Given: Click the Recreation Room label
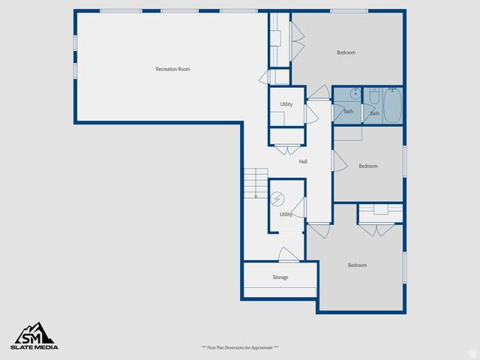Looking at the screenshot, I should tap(172, 69).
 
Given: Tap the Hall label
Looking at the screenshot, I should tap(303, 161).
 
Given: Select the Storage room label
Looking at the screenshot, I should tap(280, 277).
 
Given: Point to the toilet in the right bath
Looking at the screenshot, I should tap(374, 96).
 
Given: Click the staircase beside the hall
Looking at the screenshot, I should tap(255, 181).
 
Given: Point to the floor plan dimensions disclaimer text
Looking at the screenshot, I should tap(239, 347).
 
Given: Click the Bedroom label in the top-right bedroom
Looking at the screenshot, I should tap(346, 52).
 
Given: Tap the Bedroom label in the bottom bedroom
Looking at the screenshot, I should tap(357, 265).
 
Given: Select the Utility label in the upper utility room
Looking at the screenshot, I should tap(286, 104).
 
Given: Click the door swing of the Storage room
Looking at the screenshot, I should tap(288, 255).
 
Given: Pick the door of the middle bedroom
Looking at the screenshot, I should tap(338, 159).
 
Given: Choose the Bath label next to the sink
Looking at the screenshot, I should tap(348, 112).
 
